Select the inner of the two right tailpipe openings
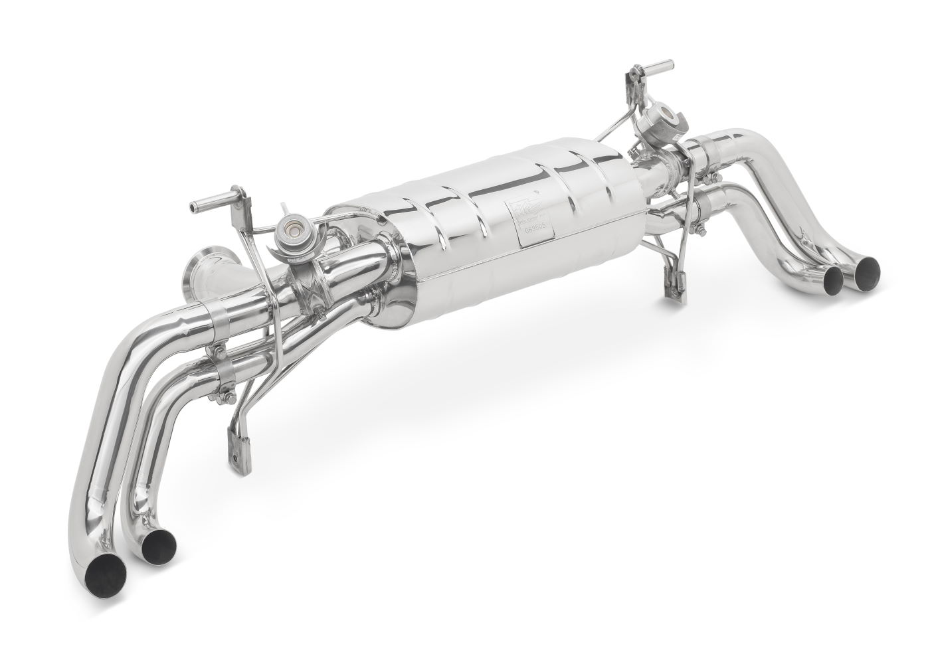tap(833, 282)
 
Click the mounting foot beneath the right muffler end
tap(674, 282)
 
